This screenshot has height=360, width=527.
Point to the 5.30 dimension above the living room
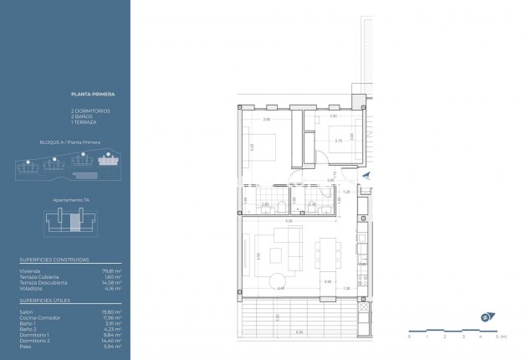click(x=289, y=220)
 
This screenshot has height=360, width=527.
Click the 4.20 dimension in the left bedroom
click(x=252, y=147)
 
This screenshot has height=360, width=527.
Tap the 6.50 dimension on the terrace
click(x=299, y=333)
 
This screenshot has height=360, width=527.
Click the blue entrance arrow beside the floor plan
click(x=367, y=175)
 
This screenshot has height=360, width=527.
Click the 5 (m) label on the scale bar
click(x=500, y=337)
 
